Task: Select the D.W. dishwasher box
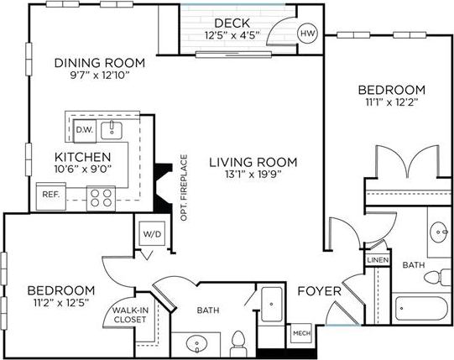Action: [84, 130]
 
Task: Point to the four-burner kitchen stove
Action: [102, 197]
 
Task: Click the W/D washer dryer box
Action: [153, 234]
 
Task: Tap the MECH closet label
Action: [300, 334]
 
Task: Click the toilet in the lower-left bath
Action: [237, 342]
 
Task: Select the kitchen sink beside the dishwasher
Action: [112, 128]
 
